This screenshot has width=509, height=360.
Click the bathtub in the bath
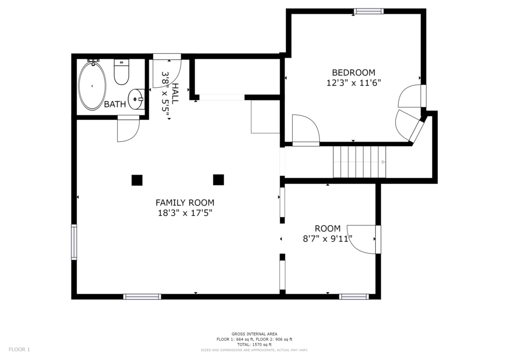[x=92, y=86]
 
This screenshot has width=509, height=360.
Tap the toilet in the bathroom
[x=121, y=72]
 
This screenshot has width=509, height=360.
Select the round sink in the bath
[x=136, y=99]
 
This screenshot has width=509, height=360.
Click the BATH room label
[x=115, y=104]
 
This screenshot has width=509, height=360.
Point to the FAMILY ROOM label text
[x=185, y=203]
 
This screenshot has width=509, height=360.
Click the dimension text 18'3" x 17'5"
[x=185, y=213]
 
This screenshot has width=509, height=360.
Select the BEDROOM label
[x=353, y=73]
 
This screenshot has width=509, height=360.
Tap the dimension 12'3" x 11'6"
[x=353, y=83]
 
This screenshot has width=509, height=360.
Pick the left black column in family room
[x=137, y=180]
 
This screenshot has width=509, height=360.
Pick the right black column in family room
[x=219, y=180]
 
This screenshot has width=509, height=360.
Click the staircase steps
[x=360, y=162]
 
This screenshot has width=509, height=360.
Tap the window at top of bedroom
[x=369, y=11]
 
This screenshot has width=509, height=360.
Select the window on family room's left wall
[x=75, y=242]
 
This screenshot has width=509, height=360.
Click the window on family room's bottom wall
[x=142, y=297]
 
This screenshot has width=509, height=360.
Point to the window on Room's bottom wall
[x=354, y=297]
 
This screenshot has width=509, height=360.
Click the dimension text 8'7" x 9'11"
[x=328, y=239]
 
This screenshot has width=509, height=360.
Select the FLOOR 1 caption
[x=19, y=350]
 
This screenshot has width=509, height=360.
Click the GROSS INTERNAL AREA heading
[x=254, y=334]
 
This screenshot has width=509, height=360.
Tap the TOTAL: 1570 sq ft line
[x=254, y=345]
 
